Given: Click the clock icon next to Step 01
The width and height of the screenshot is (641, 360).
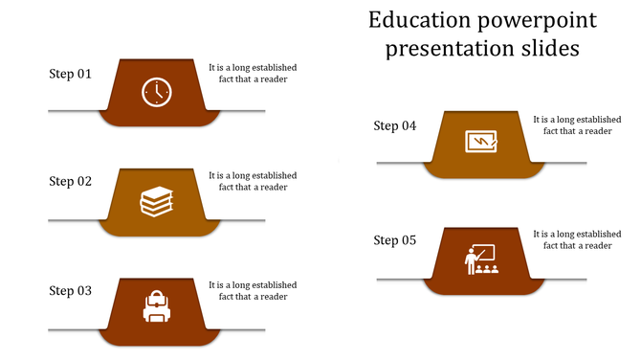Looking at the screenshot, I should coord(157,92).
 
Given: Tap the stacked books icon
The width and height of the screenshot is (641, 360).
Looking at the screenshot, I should coord(157,201).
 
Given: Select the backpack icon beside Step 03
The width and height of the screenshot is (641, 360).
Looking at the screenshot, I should coord(157,307).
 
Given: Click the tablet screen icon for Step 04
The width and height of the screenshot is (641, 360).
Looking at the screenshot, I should coord(480,142).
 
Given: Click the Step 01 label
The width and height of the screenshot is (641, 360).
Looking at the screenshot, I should coord(71,74).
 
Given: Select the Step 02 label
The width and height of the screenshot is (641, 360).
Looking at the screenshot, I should coord(71,181).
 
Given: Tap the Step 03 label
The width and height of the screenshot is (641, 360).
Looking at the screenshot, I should coord(71,291).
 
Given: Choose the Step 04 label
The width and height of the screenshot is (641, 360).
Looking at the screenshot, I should coord(395,125).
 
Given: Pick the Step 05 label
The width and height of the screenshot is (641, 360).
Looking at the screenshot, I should coord(395,240).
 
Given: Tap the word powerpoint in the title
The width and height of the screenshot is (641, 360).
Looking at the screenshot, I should coord(538,20).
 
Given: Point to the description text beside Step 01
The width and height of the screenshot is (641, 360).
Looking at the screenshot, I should coord(253,74).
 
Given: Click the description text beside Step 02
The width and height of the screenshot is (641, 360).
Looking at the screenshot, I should coord(253,181).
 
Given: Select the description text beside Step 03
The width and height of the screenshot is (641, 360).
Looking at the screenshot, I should coord(253,291).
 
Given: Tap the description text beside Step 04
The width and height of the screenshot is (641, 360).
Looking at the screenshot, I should coord(577,125).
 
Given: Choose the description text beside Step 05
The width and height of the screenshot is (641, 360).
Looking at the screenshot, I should coord(577,239).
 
